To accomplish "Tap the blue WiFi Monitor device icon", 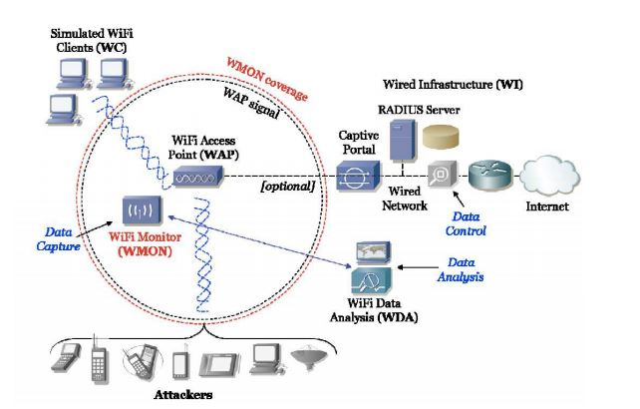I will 139,209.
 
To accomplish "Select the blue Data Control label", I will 469,223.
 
